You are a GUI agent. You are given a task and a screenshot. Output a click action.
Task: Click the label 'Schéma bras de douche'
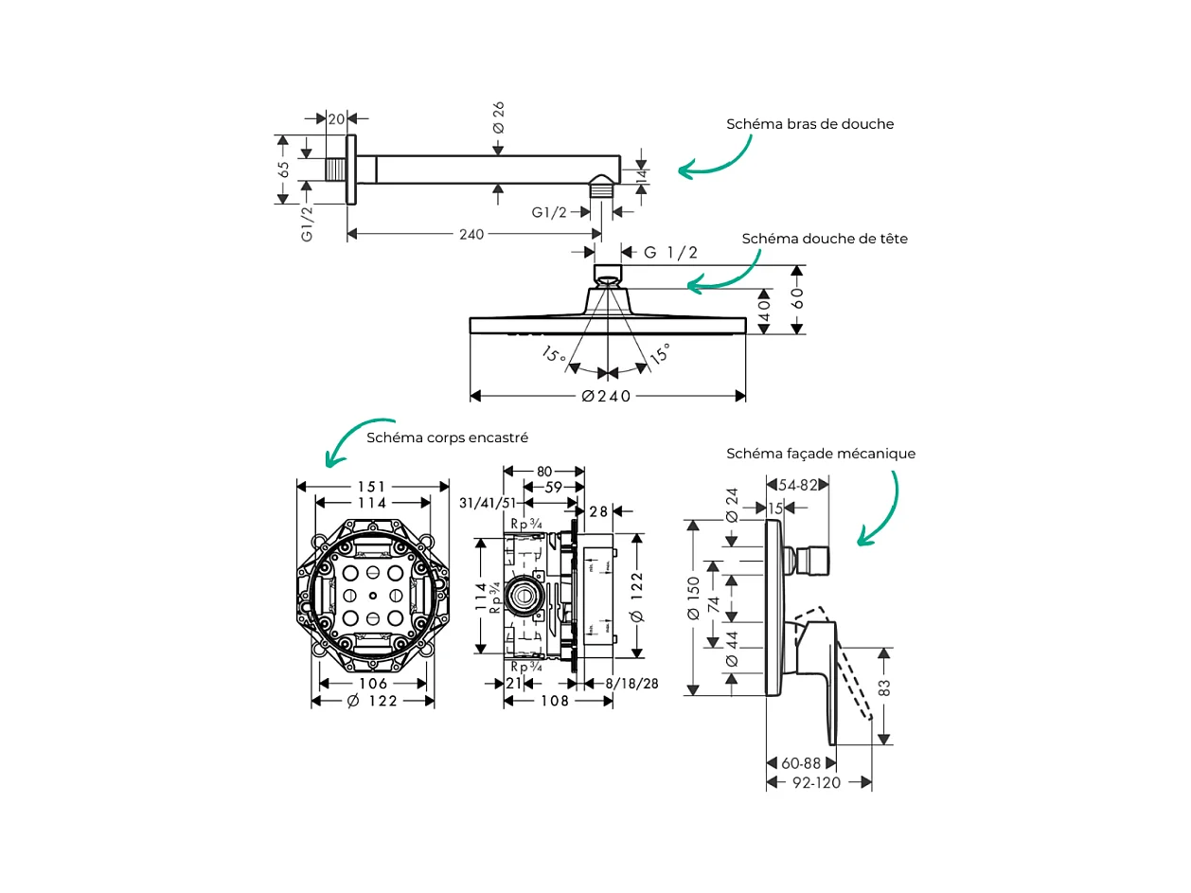809,124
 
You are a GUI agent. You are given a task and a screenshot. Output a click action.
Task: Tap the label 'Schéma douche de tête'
824,239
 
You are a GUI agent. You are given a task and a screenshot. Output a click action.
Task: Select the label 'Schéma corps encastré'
447,438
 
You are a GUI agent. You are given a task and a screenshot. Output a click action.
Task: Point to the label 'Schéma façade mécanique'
821,454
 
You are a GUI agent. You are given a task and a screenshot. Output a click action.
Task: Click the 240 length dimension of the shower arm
471,235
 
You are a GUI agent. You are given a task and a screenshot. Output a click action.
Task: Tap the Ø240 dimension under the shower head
606,396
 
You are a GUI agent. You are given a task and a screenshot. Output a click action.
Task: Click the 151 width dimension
372,487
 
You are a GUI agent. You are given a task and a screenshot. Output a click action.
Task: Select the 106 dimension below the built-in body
373,684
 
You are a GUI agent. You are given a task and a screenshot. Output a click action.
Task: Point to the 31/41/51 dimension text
487,503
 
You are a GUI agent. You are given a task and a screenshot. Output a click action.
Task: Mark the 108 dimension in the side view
555,702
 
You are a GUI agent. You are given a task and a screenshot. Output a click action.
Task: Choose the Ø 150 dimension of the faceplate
694,598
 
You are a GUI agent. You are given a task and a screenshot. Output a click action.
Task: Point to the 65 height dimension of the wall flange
283,169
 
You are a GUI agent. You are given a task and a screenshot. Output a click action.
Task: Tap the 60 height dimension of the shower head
798,298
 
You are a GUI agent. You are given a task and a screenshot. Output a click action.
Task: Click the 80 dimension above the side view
544,471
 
